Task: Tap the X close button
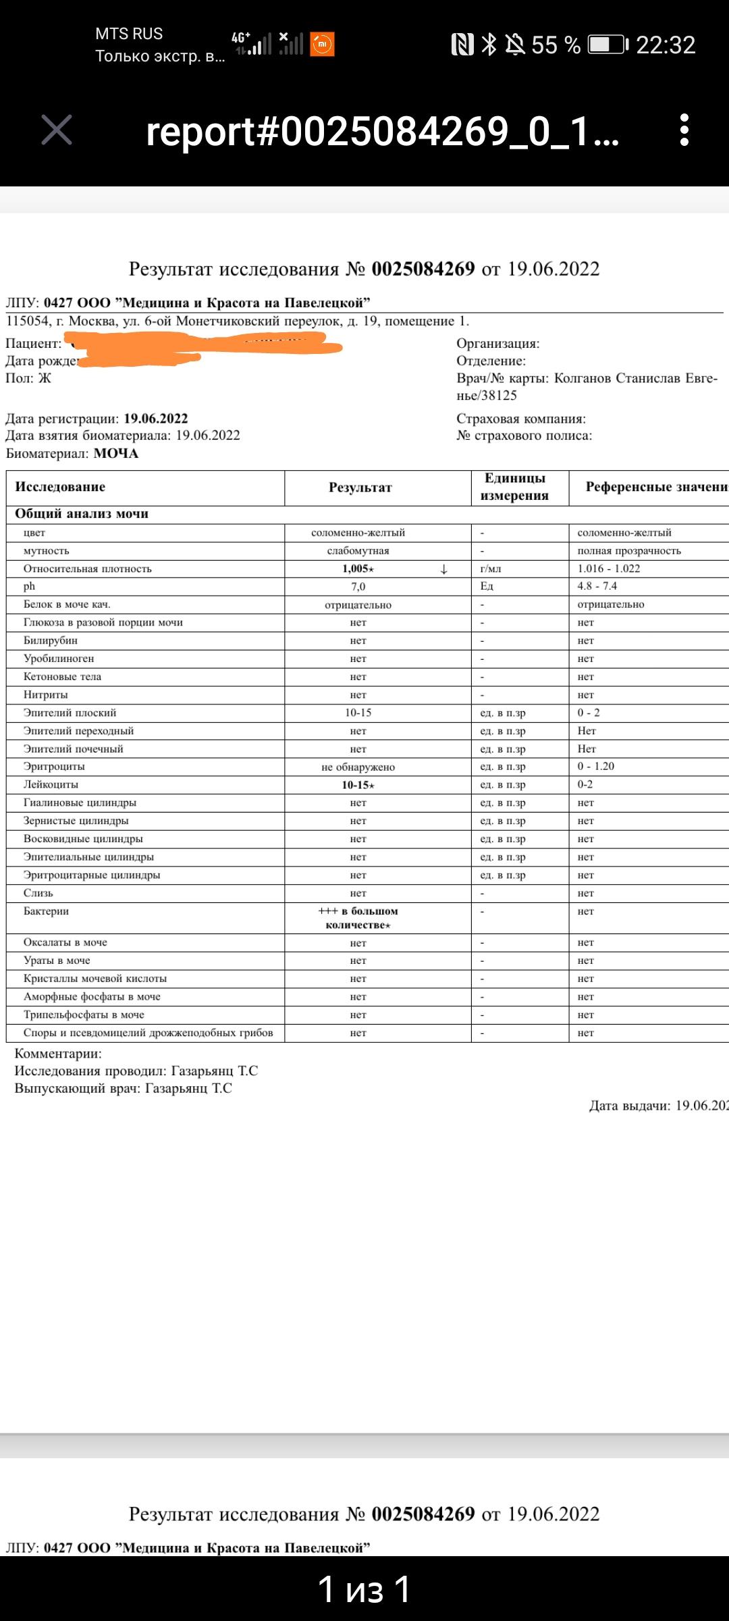[x=57, y=130]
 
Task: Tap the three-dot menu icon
[x=684, y=130]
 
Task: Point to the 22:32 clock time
[x=665, y=45]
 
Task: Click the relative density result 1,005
[x=357, y=569]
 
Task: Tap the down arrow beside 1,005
[x=443, y=569]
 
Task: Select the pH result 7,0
[x=358, y=587]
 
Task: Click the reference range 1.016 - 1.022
[x=608, y=569]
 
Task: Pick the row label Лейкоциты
[x=51, y=785]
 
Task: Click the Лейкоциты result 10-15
[x=357, y=785]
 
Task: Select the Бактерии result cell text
[x=358, y=918]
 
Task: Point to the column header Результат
[x=360, y=488]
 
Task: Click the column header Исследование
[x=60, y=487]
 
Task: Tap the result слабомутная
[x=358, y=551]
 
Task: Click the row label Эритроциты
[x=54, y=767]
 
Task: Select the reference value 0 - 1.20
[x=595, y=767]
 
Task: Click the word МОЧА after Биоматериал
[x=115, y=453]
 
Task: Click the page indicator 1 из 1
[x=364, y=1589]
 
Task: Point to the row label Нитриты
[x=45, y=694]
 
